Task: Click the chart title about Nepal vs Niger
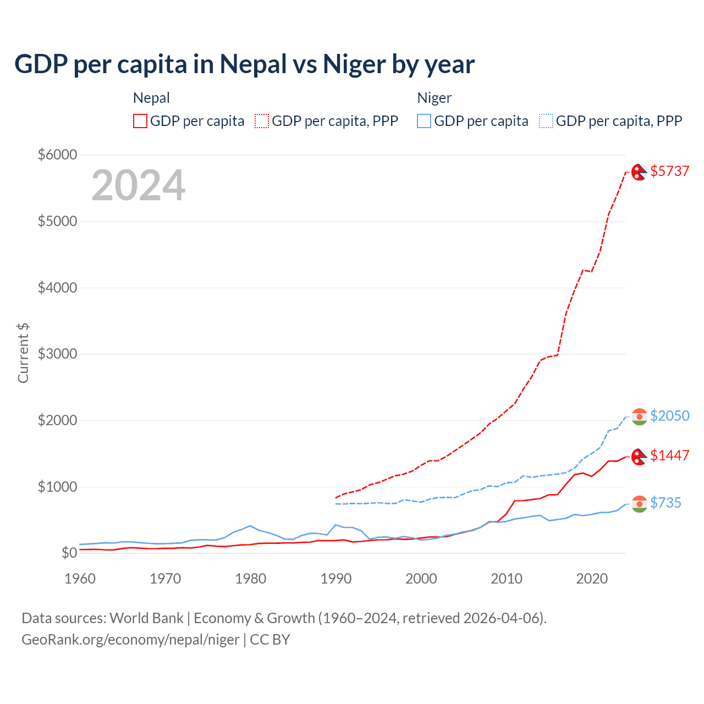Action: (x=244, y=64)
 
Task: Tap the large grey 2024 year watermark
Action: (x=138, y=185)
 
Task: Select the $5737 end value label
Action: (x=669, y=171)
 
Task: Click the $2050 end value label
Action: (x=669, y=416)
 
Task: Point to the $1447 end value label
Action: (x=669, y=455)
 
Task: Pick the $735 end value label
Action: (x=665, y=503)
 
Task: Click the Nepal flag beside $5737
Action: (x=639, y=172)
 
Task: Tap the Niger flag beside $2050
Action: (x=639, y=417)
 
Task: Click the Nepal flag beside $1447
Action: (x=639, y=457)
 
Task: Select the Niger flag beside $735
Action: (x=639, y=504)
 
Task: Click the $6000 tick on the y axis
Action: (x=57, y=155)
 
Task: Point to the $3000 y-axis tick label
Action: (x=57, y=354)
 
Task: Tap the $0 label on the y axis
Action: (x=69, y=553)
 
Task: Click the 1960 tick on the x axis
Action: (x=80, y=579)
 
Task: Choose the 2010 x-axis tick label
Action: (x=507, y=579)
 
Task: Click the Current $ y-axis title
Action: (x=23, y=353)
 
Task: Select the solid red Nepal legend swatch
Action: (x=140, y=121)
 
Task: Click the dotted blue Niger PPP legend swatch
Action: (x=546, y=121)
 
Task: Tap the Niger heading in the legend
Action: (x=434, y=98)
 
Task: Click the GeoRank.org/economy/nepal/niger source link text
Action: (x=130, y=640)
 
